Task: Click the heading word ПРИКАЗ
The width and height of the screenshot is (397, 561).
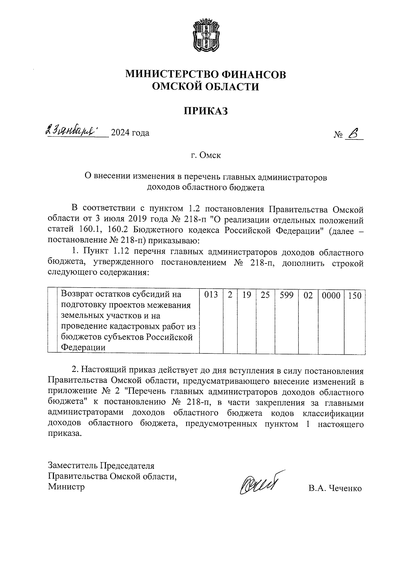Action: (x=206, y=111)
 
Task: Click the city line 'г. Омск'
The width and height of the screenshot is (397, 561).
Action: (x=206, y=155)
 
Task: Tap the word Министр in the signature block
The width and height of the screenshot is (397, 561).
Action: (x=66, y=487)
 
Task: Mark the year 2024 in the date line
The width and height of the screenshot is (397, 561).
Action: (x=121, y=133)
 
